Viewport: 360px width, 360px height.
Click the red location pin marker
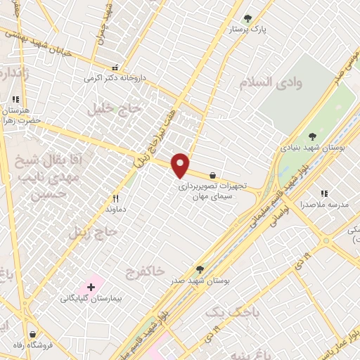181,166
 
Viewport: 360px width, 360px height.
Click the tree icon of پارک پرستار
247,18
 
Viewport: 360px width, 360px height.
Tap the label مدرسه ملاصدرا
321,205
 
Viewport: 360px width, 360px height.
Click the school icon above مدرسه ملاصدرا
323,193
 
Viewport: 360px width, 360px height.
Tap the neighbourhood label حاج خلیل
115,108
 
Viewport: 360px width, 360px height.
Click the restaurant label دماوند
115,210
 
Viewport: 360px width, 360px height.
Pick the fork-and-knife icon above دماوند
116,199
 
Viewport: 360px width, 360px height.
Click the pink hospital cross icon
91,286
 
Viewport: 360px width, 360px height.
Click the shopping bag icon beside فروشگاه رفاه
32,334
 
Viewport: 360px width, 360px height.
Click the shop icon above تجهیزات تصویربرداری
212,175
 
